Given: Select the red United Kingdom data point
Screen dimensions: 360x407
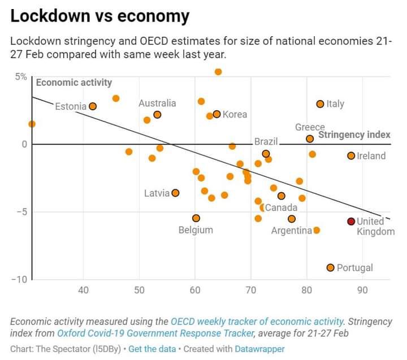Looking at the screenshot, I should click(x=351, y=222).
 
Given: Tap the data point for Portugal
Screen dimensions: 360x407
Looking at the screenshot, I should click(x=331, y=267).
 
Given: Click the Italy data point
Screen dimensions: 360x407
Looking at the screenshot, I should click(x=320, y=104).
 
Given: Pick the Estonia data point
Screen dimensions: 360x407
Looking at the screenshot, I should click(x=93, y=106).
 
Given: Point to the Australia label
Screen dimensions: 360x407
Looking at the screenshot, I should click(x=157, y=103).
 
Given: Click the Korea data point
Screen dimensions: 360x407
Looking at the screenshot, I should click(x=217, y=114).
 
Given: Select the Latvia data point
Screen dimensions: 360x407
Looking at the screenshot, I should click(x=175, y=193).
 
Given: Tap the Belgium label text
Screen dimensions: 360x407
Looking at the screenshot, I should click(x=196, y=230).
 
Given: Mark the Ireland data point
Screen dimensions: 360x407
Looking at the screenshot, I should click(x=351, y=155).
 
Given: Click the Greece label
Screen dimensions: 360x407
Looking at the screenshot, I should click(x=310, y=127).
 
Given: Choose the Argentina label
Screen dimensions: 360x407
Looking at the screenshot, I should click(x=292, y=231).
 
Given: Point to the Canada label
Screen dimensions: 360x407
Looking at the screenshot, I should click(x=281, y=207).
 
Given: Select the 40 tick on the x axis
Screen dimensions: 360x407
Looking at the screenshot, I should click(x=84, y=290).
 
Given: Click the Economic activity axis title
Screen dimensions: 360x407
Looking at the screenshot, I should click(x=74, y=83).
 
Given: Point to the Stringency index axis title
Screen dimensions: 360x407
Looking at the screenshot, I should click(x=354, y=135).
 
